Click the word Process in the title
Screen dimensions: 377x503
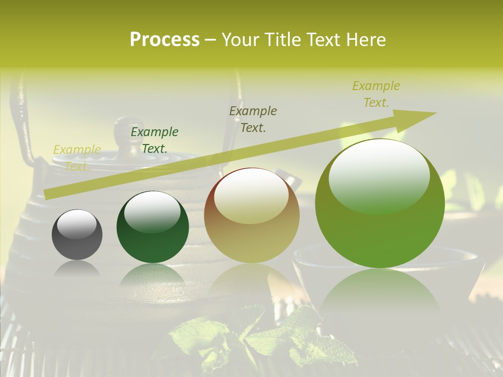point(165,40)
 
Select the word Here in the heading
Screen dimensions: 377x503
point(365,40)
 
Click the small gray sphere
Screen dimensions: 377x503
point(77,235)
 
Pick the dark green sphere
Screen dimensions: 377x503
point(152,227)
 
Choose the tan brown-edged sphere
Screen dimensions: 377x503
point(251,215)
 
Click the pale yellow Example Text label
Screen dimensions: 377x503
point(77,158)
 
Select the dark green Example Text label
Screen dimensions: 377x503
point(155,140)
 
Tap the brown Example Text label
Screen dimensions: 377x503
point(253,119)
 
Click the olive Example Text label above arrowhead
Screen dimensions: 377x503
point(376,94)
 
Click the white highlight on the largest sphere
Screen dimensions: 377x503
point(379,175)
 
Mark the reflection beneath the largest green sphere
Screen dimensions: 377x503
point(380,298)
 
